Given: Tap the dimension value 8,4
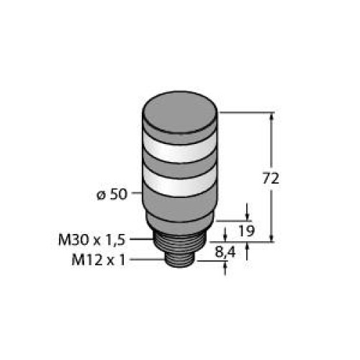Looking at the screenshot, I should pos(227,252).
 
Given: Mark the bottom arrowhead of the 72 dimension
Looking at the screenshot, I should pos(272,238).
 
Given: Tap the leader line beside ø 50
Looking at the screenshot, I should pos(137,195).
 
